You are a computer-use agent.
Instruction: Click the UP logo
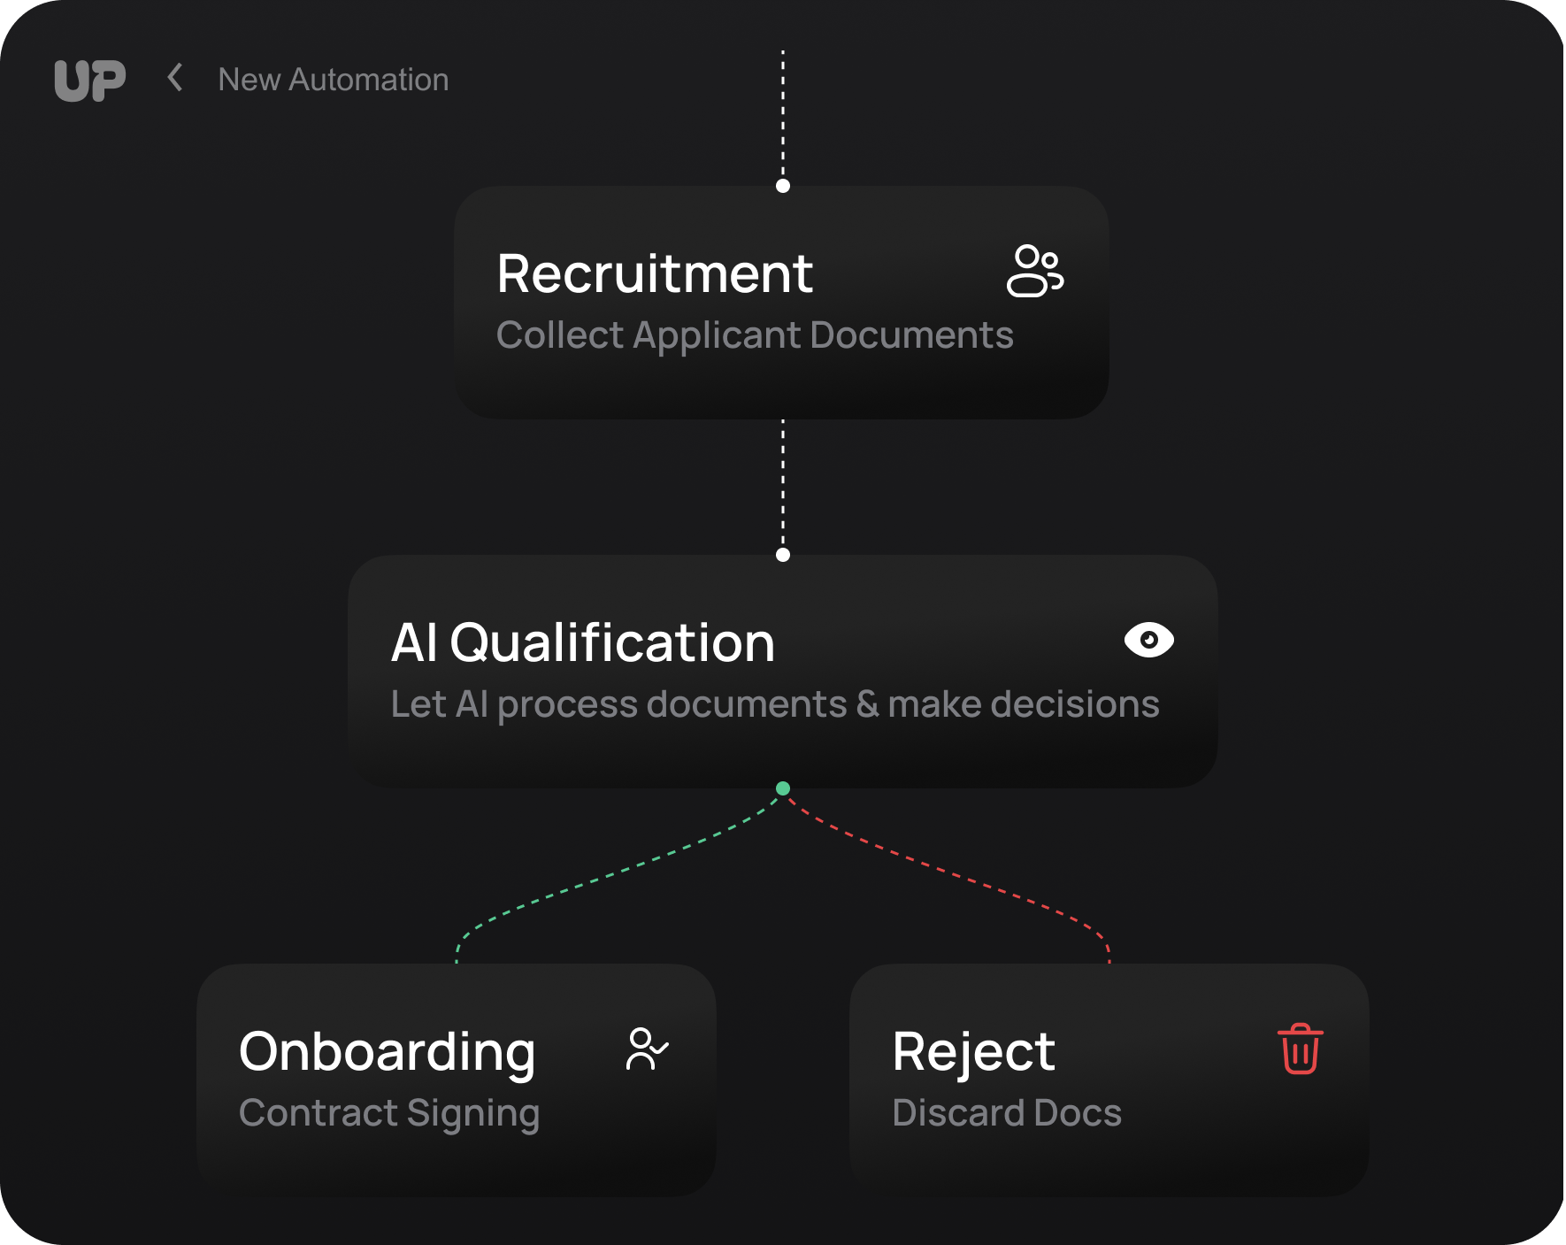click(89, 81)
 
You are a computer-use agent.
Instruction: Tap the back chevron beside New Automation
click(175, 78)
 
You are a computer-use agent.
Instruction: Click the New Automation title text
click(334, 80)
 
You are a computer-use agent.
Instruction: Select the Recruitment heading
click(655, 273)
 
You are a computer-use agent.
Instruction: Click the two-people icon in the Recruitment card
click(1034, 271)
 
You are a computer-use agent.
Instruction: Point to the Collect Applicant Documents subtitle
click(755, 335)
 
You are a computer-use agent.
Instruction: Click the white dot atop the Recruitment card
click(783, 186)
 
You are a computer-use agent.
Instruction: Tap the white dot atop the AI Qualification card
click(783, 555)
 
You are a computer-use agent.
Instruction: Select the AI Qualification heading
click(583, 642)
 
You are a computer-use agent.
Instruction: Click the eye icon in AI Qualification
click(1148, 640)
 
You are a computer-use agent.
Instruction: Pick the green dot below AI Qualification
click(783, 788)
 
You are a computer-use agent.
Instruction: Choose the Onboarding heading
click(388, 1052)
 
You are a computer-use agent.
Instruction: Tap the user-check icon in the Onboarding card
click(647, 1049)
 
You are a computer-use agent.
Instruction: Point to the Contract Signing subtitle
click(389, 1113)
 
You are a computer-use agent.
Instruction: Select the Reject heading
click(973, 1052)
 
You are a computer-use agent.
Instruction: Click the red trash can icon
click(1300, 1049)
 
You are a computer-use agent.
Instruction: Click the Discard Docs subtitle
click(1007, 1113)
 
